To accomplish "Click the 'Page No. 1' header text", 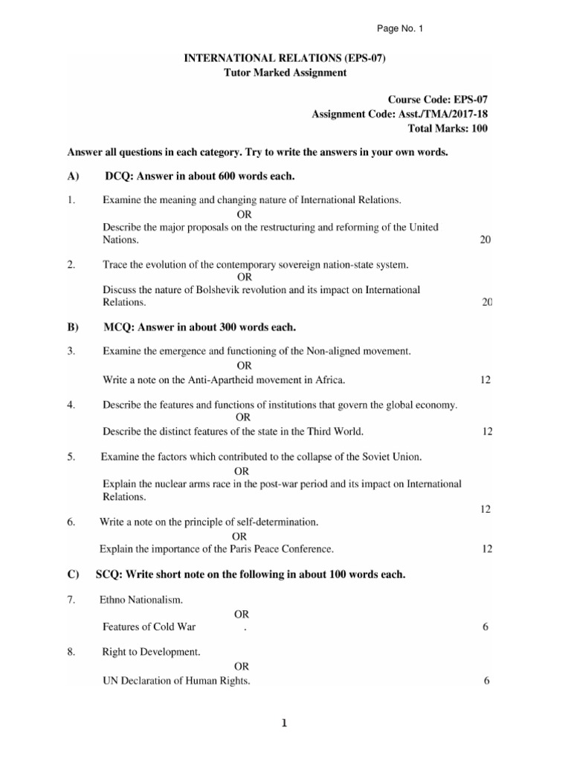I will pos(400,28).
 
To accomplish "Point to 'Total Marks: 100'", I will pos(448,128).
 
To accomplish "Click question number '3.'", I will pos(71,350).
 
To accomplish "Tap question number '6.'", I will pos(71,522).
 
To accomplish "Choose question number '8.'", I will pos(71,652).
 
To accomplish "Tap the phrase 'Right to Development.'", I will pos(151,652).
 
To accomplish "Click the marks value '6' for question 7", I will pos(485,627).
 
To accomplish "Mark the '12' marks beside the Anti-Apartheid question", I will pos(485,380).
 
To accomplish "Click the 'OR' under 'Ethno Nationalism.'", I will pos(242,614).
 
